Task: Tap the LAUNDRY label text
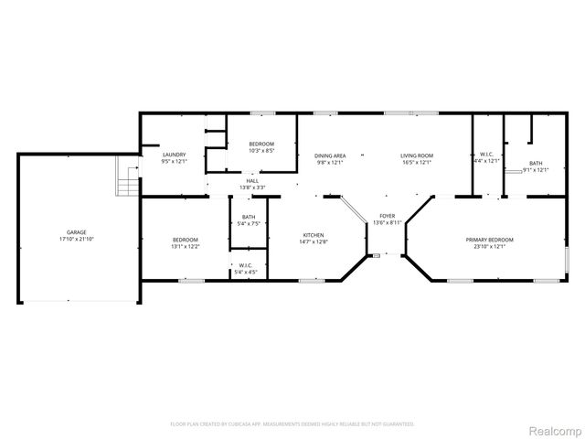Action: pyautogui.click(x=175, y=155)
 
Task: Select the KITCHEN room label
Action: pyautogui.click(x=314, y=235)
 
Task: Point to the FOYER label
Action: pyautogui.click(x=388, y=216)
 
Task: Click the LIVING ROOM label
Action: pyautogui.click(x=417, y=155)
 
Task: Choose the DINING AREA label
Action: pyautogui.click(x=330, y=155)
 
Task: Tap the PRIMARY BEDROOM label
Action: pyautogui.click(x=494, y=240)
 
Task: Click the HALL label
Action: pyautogui.click(x=251, y=181)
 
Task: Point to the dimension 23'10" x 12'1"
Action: pyautogui.click(x=494, y=247)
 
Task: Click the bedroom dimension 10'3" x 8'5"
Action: pyautogui.click(x=261, y=151)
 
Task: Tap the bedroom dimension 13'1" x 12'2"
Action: pyautogui.click(x=186, y=246)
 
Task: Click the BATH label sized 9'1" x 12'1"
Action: pyautogui.click(x=536, y=163)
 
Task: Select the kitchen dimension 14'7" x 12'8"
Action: pyautogui.click(x=314, y=242)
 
